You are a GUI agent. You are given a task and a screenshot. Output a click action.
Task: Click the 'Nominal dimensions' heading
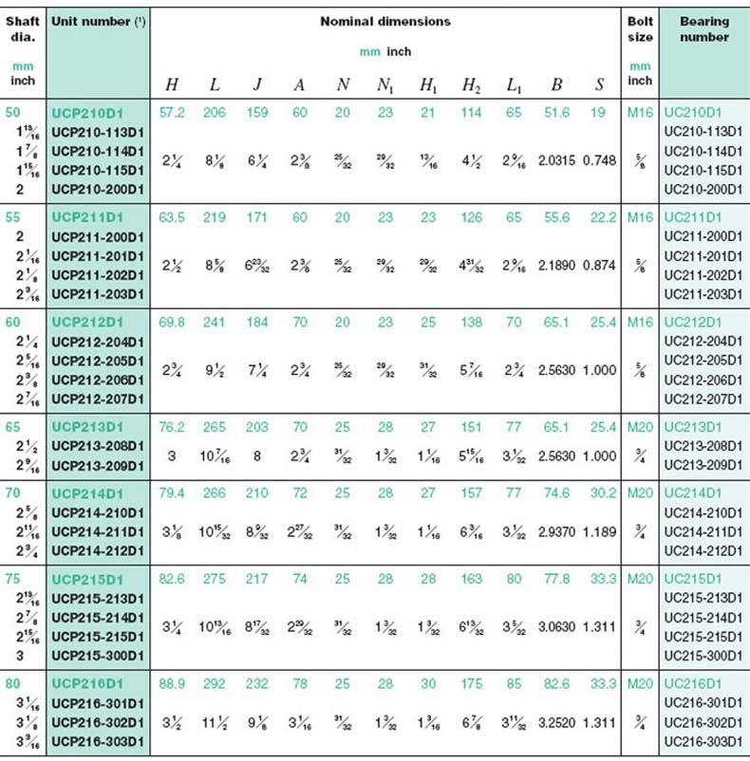click(384, 21)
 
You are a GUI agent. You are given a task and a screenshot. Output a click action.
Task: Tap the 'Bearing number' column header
click(703, 29)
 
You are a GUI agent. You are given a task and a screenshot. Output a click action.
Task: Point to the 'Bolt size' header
click(641, 29)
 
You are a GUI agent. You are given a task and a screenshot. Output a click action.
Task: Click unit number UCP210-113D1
click(98, 131)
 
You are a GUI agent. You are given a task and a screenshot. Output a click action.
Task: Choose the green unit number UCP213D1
click(89, 426)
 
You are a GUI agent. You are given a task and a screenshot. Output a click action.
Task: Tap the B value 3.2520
click(556, 721)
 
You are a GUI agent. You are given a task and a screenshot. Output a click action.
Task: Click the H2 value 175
click(470, 682)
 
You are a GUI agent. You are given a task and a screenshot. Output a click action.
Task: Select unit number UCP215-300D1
click(98, 654)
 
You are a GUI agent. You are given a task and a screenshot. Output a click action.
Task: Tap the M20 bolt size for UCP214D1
click(641, 492)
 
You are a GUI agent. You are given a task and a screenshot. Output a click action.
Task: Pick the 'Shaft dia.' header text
click(23, 29)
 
